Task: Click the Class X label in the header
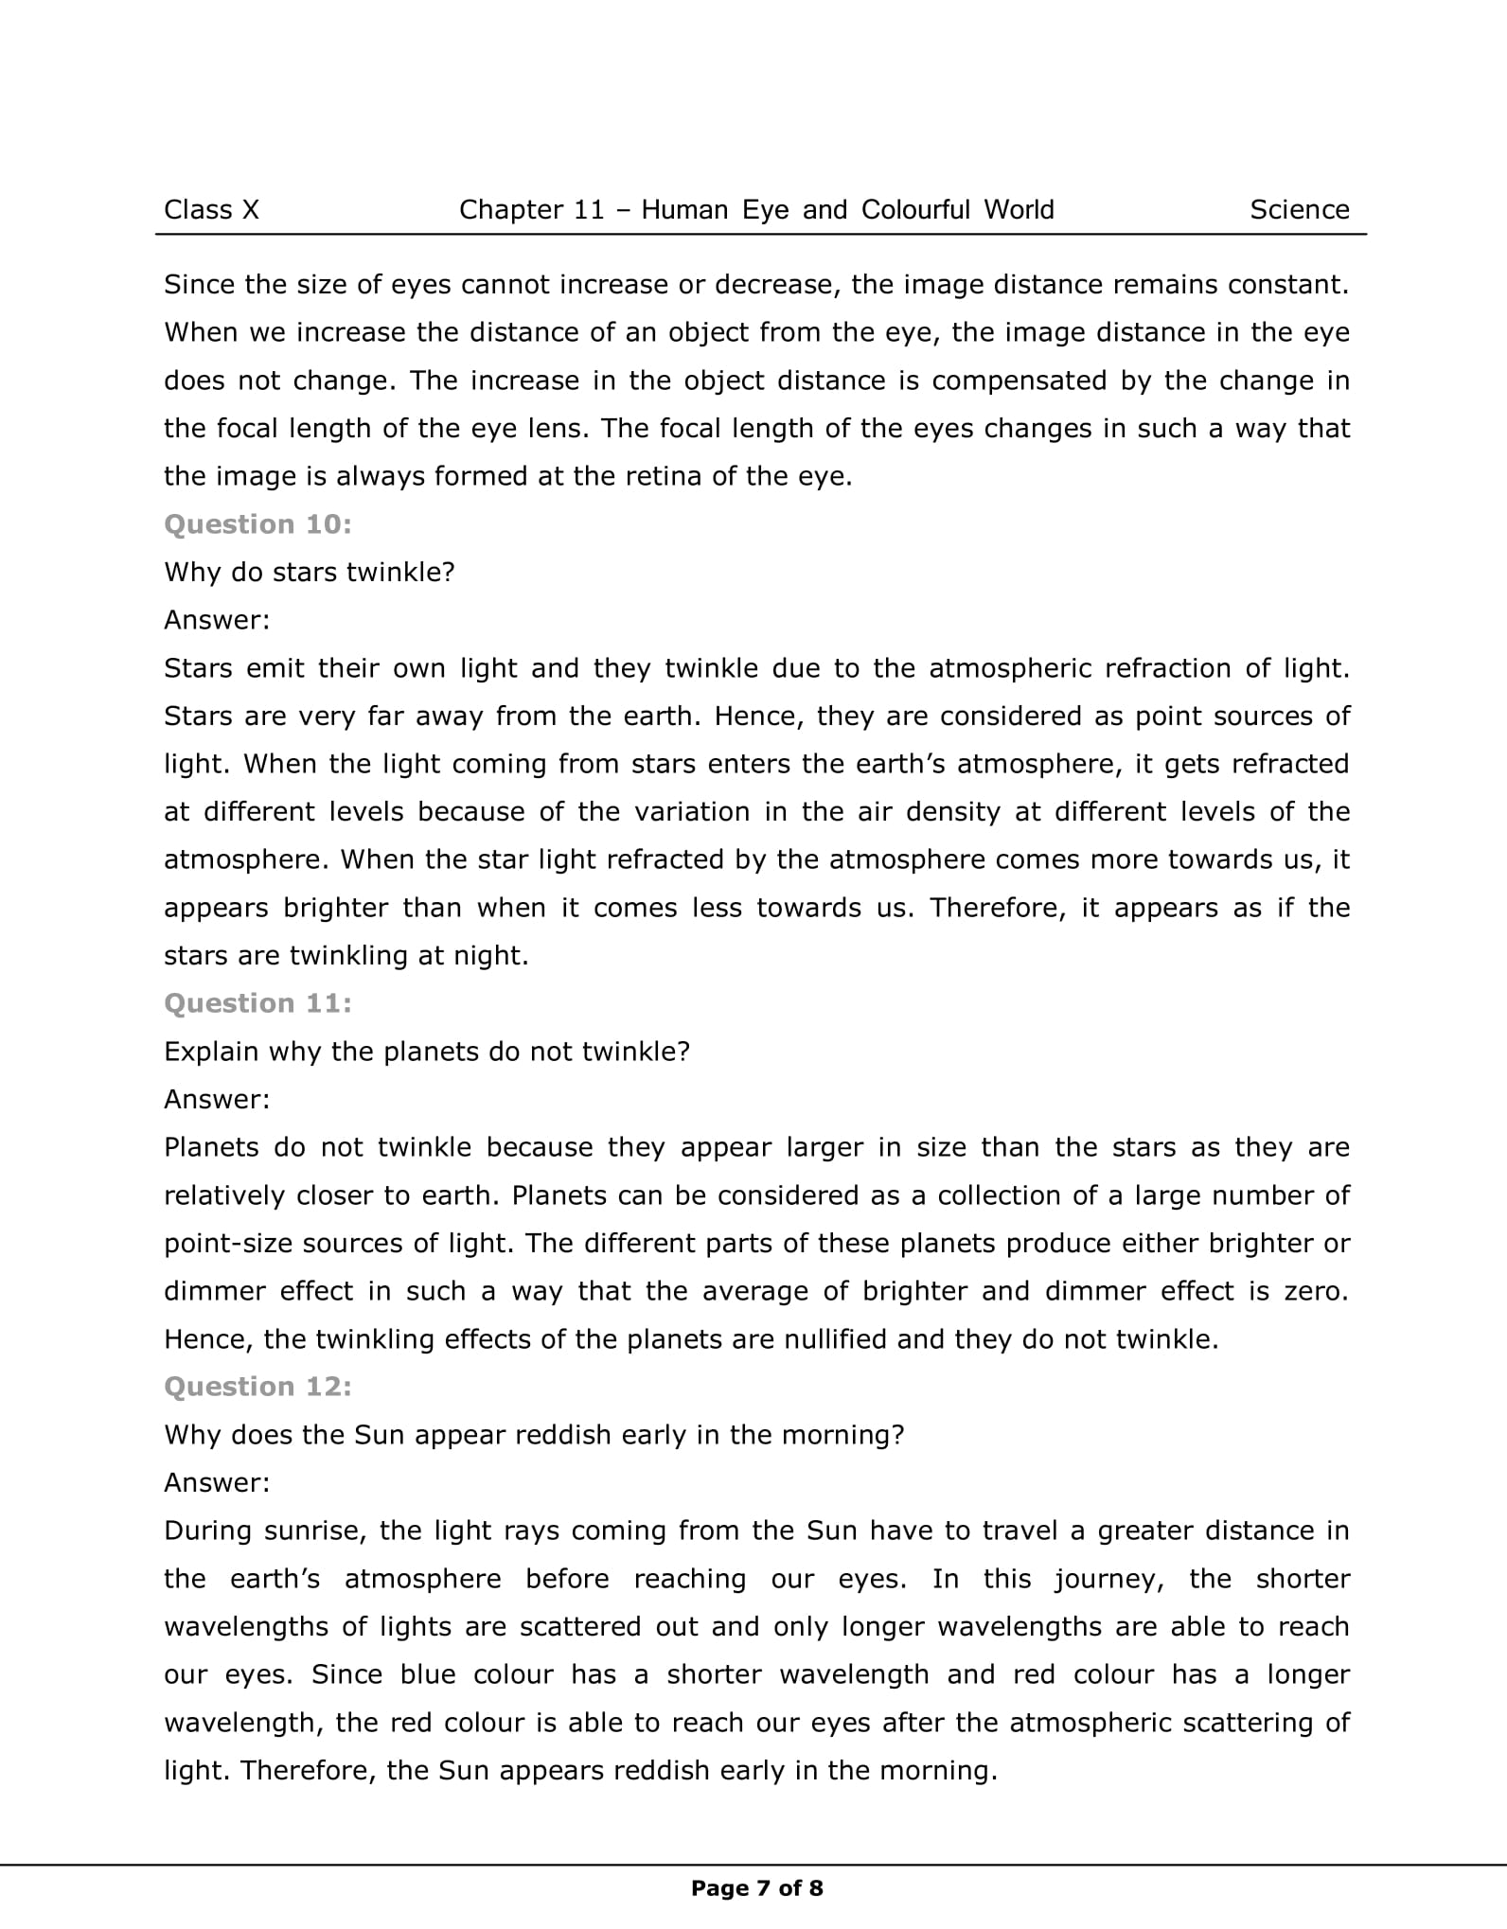coord(211,209)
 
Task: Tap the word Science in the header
coord(1299,209)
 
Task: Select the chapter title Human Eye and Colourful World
coord(847,209)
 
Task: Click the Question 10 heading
coord(257,524)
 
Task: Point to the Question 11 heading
coord(257,1003)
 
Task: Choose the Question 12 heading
coord(257,1387)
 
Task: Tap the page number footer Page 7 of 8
coord(756,1888)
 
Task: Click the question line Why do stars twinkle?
coord(310,573)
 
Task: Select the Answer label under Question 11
coord(217,1099)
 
